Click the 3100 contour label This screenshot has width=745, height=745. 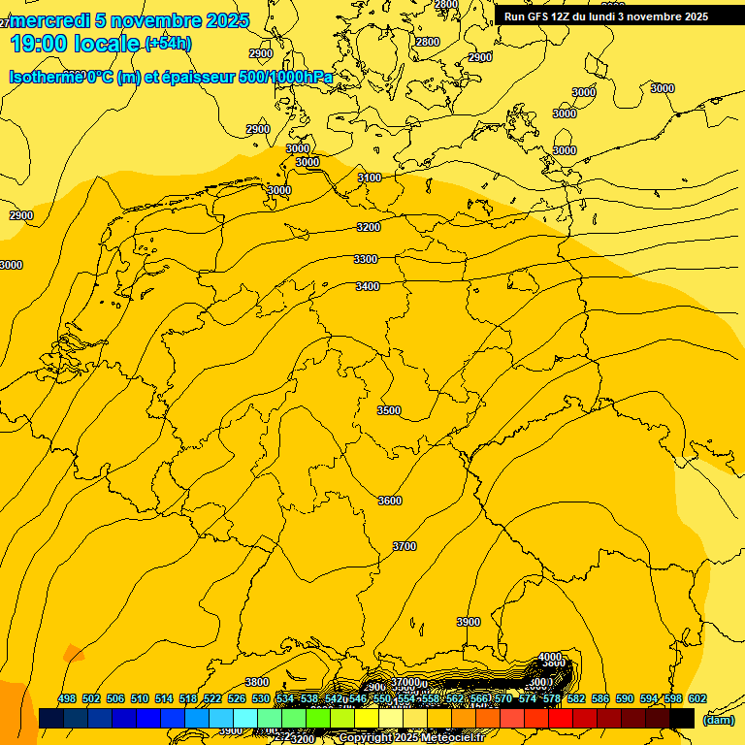pos(369,178)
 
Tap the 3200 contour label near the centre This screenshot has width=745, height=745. pos(368,227)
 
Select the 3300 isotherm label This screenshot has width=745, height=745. pos(366,259)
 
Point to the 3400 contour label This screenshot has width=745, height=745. pos(368,286)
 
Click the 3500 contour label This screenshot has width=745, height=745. pos(388,410)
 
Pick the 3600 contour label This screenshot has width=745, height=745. pos(389,501)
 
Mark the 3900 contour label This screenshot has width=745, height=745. pos(469,622)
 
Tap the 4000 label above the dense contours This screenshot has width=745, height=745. pos(549,657)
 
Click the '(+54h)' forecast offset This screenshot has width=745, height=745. pos(168,44)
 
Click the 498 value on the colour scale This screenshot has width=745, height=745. pos(67,698)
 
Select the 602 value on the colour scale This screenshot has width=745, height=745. pos(697,698)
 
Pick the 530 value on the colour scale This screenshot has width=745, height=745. pos(261,698)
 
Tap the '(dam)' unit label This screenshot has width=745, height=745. pos(718,720)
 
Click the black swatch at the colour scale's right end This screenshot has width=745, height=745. pos(682,718)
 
